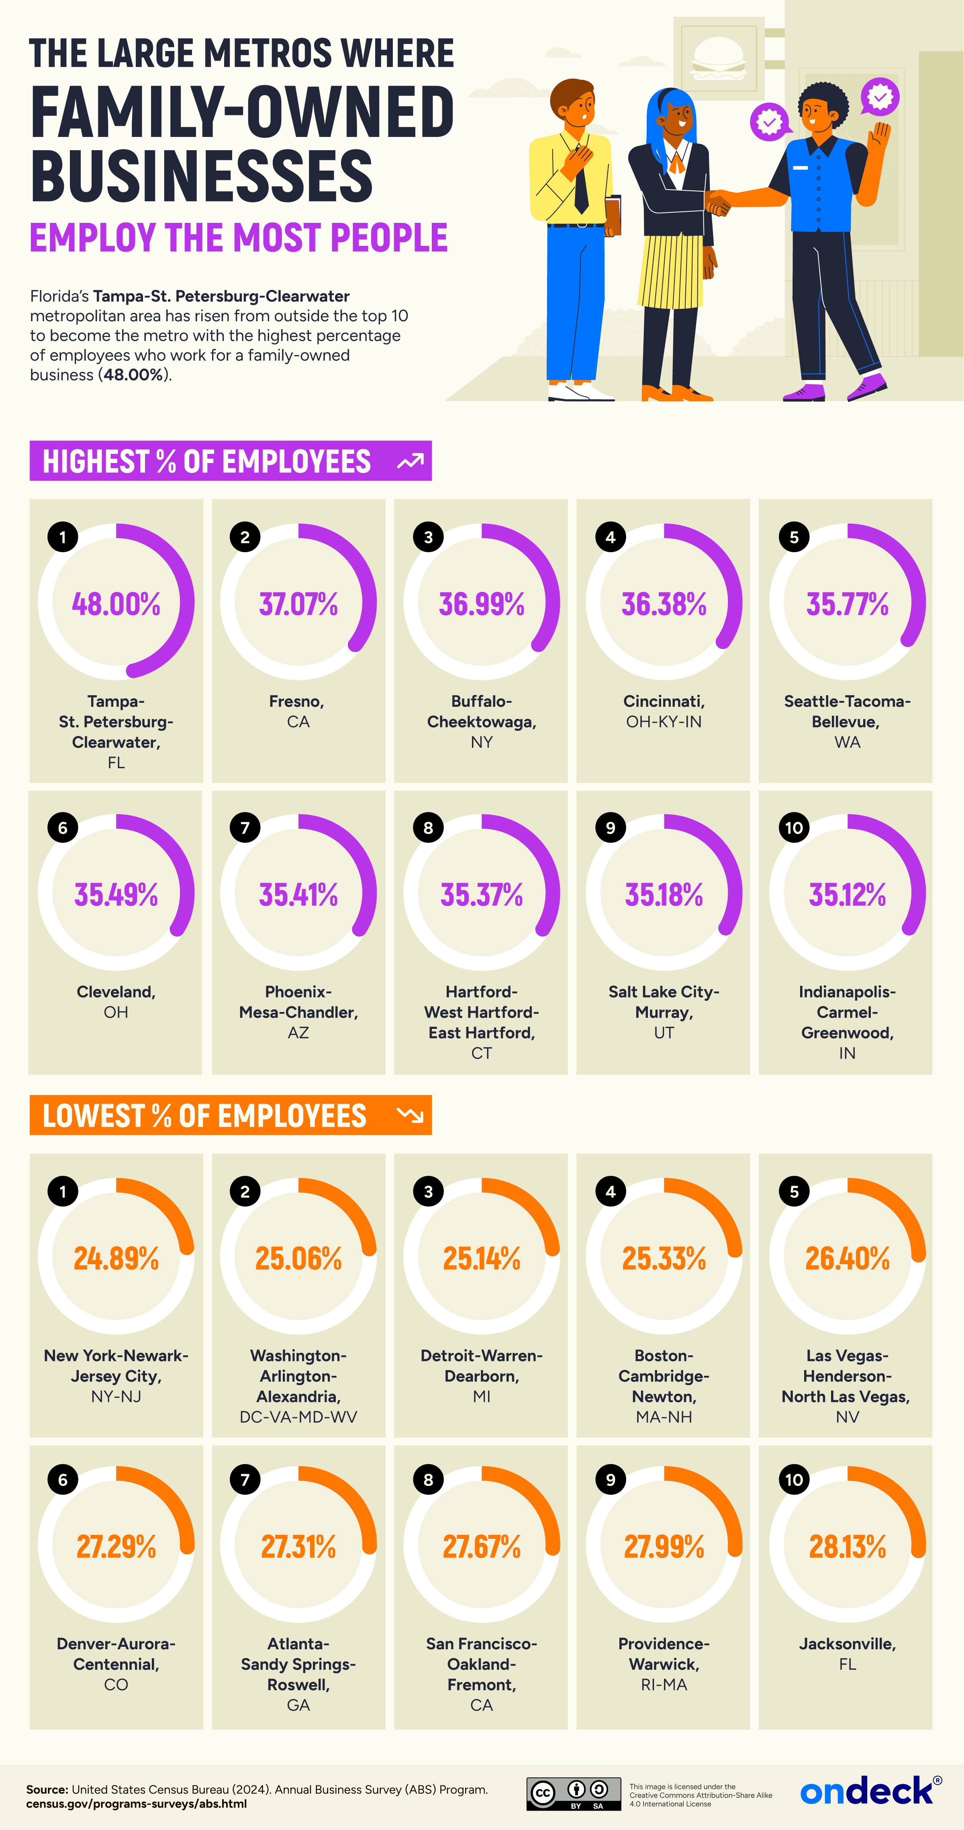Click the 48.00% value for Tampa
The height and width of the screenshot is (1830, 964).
[x=116, y=604]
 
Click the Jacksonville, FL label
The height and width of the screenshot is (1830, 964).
[x=847, y=1653]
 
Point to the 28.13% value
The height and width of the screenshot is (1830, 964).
[x=847, y=1546]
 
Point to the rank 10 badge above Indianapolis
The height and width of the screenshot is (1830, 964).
[x=794, y=828]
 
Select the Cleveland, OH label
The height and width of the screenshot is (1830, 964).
[x=116, y=1001]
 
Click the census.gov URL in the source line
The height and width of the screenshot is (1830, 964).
[x=137, y=1804]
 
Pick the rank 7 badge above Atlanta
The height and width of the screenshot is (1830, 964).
[x=245, y=1480]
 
